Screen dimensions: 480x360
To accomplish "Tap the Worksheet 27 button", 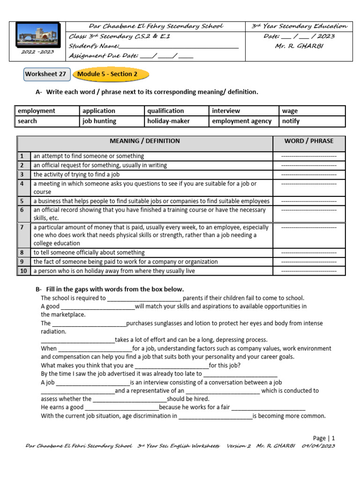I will [x=46, y=74].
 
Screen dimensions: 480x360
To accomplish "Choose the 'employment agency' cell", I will [x=242, y=121].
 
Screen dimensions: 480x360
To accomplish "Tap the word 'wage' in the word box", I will [x=290, y=111].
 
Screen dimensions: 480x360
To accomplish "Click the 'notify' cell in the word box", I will [x=291, y=121].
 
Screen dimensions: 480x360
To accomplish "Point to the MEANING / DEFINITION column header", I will [x=145, y=141].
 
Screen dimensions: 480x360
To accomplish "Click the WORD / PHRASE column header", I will [x=309, y=141].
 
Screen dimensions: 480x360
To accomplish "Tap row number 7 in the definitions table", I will [x=22, y=227].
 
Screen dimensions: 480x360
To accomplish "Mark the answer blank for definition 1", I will [x=309, y=156].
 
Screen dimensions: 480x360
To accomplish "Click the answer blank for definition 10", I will [x=309, y=271].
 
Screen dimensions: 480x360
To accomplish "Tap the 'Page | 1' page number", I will [x=324, y=438].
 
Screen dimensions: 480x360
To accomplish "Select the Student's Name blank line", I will [x=179, y=46].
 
